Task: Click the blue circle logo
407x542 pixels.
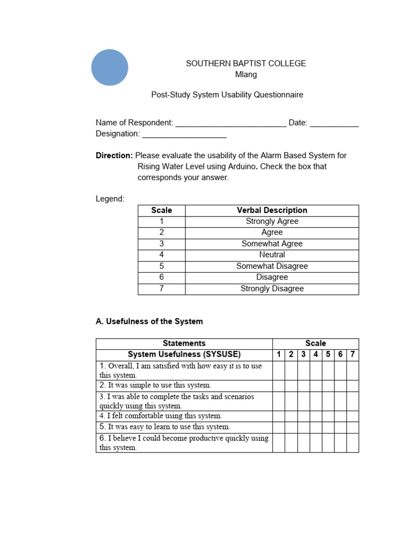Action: tap(110, 68)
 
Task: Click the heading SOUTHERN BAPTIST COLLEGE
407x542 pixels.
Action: tap(245, 64)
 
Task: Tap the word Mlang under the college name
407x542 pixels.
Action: tap(245, 75)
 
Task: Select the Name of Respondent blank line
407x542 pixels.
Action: tap(231, 124)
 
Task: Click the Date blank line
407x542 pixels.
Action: tap(334, 124)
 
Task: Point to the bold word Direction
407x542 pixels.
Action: tap(114, 156)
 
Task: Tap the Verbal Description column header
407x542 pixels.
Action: tap(272, 210)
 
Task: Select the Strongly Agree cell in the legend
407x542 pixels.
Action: tap(272, 221)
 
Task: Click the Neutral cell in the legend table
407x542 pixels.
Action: tap(272, 255)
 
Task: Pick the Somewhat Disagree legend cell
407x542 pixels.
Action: tap(272, 266)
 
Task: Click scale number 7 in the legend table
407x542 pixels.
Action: tap(162, 288)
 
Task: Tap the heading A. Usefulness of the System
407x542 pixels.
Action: tap(149, 321)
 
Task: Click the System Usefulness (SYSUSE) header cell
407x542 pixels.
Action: tap(184, 355)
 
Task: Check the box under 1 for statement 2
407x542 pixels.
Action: tap(279, 385)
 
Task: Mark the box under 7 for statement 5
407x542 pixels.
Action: tap(352, 427)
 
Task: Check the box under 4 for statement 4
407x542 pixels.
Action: tap(316, 416)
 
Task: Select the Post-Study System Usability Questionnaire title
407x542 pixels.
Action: tap(227, 95)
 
